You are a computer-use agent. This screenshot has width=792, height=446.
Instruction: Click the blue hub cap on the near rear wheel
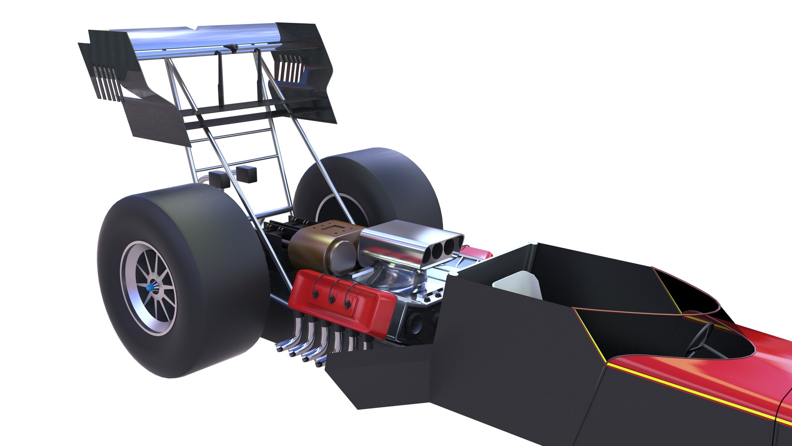click(150, 287)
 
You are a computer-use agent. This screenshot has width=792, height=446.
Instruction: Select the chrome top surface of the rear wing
click(206, 39)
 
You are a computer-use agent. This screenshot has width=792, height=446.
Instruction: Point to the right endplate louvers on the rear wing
click(291, 68)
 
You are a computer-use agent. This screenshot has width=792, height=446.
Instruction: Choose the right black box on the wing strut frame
click(247, 174)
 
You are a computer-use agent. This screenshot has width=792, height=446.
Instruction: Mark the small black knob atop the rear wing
click(232, 48)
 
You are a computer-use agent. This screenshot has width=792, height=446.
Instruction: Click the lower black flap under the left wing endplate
click(157, 120)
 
